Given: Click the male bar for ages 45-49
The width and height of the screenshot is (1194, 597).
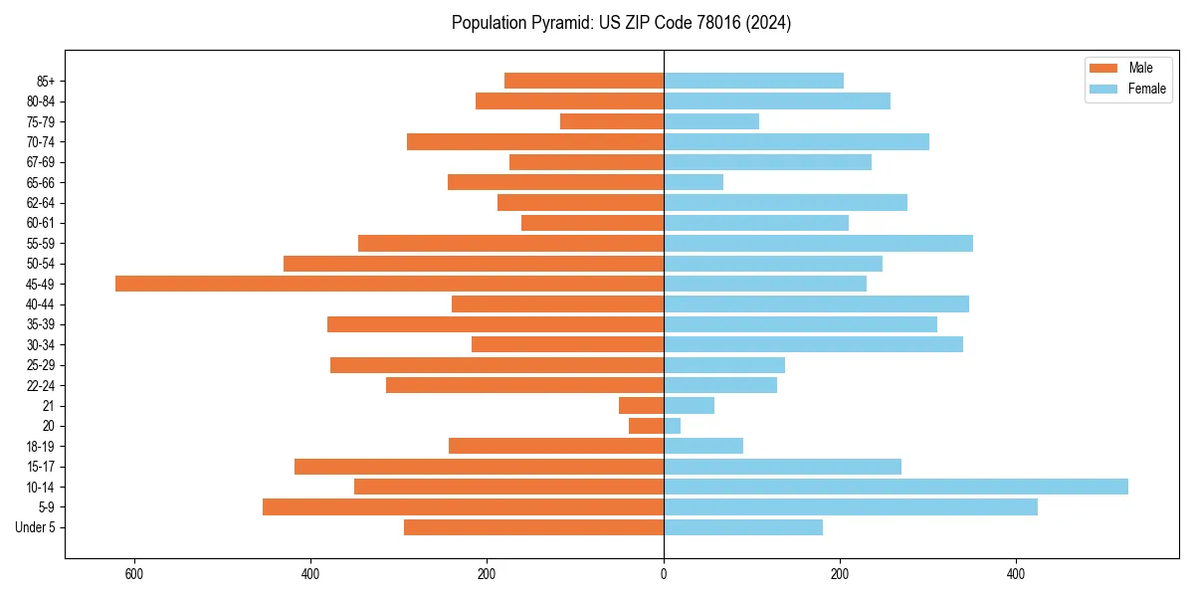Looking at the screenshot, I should click(389, 284).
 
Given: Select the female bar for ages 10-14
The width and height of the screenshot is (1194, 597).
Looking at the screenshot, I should click(895, 487).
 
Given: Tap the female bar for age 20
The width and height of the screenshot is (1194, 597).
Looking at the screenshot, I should click(673, 426).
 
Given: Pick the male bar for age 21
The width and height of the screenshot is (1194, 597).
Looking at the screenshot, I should click(641, 405).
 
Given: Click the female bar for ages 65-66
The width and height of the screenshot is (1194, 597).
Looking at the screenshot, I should click(694, 182).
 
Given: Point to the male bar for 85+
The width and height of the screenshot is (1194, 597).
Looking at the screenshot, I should click(584, 81).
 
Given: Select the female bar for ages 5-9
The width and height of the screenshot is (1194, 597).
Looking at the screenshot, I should click(851, 506).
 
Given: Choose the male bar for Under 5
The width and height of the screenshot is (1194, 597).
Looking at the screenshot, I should click(533, 527).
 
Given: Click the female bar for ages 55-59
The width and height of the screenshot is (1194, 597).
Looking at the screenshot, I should click(818, 243).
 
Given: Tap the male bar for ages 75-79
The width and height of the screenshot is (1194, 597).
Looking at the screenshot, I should click(612, 121).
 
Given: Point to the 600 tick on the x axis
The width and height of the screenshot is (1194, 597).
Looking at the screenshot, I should click(134, 574).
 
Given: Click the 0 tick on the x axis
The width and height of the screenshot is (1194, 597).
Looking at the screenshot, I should click(664, 574).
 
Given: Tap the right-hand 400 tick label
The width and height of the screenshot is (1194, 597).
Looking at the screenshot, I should click(1016, 574).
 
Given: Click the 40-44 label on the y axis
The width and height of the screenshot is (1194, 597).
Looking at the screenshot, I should click(40, 304).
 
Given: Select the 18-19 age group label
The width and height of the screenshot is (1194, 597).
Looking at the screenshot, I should click(40, 447).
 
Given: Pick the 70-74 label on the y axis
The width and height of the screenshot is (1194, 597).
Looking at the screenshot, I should click(40, 142).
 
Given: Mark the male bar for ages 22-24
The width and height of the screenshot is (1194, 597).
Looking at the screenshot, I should click(524, 385).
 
